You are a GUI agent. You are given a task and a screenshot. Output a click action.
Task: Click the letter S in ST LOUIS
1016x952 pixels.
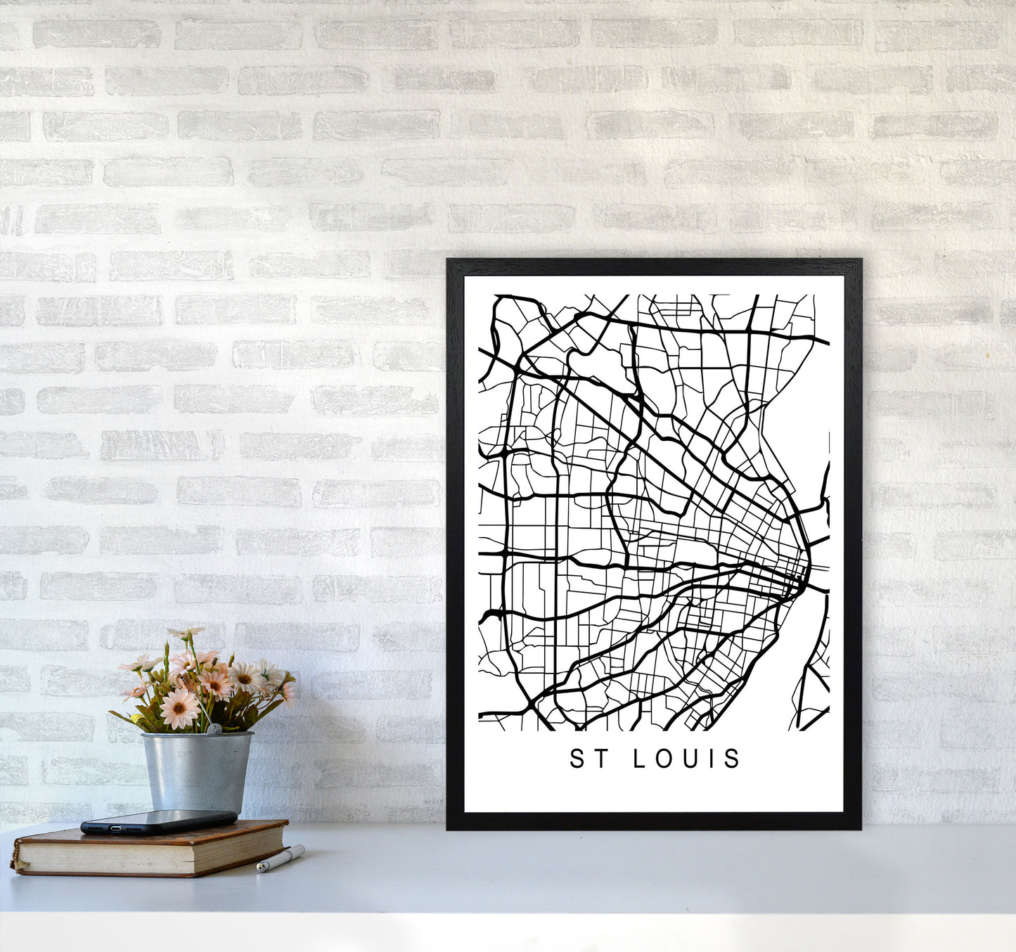click(x=577, y=759)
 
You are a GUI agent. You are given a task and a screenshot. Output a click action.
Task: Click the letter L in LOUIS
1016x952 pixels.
click(x=641, y=759)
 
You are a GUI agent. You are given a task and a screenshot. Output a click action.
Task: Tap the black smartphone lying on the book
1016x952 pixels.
click(x=159, y=821)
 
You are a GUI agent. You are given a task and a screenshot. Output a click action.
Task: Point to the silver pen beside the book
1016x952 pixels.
click(x=280, y=859)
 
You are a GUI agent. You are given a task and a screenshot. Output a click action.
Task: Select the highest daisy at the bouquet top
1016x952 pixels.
click(x=184, y=633)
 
